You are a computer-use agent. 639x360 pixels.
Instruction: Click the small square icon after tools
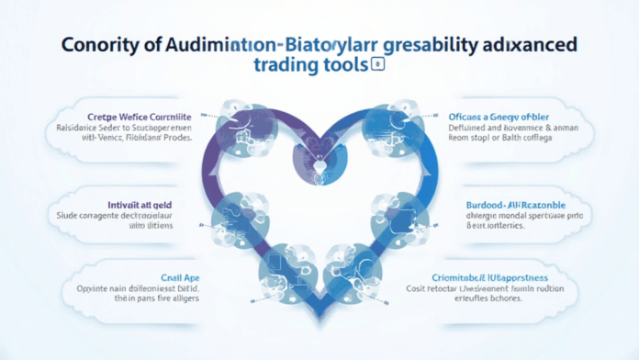pos(376,65)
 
